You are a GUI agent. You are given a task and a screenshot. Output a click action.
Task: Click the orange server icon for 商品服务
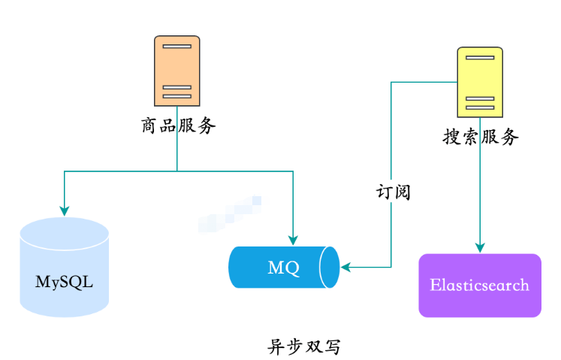[176, 71]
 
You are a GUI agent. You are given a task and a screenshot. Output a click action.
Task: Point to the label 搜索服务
[481, 137]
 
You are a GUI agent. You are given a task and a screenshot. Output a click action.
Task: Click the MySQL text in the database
[65, 282]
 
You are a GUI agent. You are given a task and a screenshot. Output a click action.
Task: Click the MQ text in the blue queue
[283, 267]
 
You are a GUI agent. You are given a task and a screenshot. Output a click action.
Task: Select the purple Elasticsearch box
[479, 286]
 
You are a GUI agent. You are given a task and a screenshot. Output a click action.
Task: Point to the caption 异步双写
[304, 346]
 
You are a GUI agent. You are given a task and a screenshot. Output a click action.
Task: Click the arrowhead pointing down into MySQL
[65, 210]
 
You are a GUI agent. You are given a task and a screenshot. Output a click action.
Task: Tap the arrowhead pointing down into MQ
[292, 239]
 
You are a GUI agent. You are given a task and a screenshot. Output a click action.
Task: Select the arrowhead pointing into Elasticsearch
[480, 248]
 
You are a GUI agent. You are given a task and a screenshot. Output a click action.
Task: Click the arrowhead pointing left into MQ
[345, 267]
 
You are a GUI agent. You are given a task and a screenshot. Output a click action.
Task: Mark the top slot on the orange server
[176, 47]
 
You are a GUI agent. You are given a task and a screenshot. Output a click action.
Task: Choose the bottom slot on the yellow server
[480, 107]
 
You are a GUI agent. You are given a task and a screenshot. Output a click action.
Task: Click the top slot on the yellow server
[480, 59]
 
